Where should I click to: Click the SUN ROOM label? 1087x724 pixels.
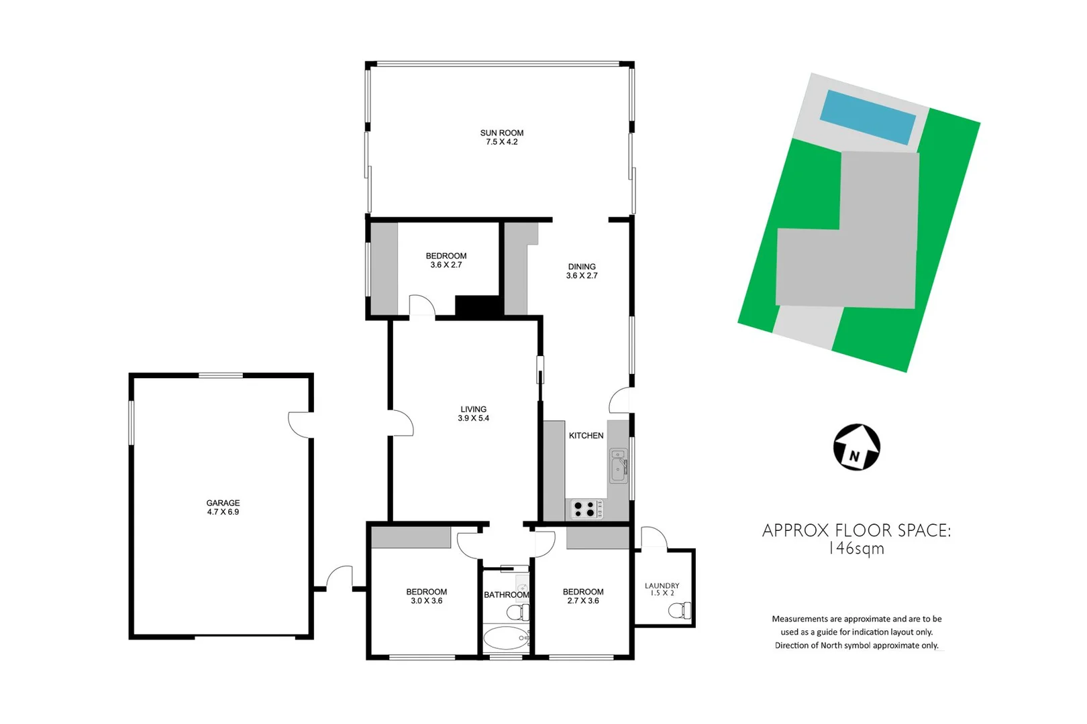(x=501, y=133)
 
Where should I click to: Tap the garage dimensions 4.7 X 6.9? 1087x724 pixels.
(x=223, y=512)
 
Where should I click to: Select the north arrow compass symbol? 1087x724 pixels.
(x=856, y=447)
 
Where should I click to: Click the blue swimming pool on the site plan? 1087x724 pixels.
(x=868, y=117)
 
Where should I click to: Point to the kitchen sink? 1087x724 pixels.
(x=618, y=466)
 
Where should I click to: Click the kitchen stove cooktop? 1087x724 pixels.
(x=586, y=509)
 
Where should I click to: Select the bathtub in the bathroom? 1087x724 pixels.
(x=505, y=639)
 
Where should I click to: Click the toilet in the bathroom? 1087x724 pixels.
(x=517, y=611)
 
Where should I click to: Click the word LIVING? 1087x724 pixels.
(x=473, y=409)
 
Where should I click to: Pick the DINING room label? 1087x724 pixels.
(x=582, y=266)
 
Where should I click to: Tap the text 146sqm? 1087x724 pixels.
(x=856, y=549)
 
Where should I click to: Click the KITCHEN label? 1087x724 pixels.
(x=586, y=436)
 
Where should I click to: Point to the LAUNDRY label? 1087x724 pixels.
(x=662, y=586)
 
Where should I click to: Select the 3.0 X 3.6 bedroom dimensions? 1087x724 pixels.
(x=427, y=601)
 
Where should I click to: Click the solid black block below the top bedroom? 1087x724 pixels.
(x=477, y=306)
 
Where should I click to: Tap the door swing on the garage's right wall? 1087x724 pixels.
(x=299, y=424)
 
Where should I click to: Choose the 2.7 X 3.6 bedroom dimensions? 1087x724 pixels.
(x=583, y=601)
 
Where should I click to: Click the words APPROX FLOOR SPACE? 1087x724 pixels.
(x=856, y=530)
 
